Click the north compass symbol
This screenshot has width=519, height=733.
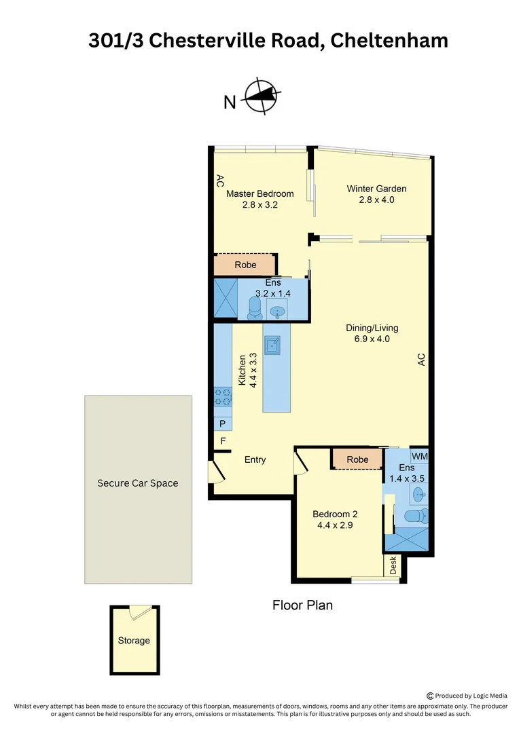(261, 98)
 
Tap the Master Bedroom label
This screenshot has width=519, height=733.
(259, 193)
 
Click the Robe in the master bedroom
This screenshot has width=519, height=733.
(245, 265)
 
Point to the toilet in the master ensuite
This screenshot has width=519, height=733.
(255, 309)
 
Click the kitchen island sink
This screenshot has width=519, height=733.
(273, 345)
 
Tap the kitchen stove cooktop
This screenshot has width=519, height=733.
(223, 396)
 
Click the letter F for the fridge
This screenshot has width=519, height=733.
(222, 441)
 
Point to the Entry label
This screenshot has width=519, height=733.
(255, 459)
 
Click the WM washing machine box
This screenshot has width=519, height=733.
(419, 456)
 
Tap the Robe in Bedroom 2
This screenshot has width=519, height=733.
(357, 459)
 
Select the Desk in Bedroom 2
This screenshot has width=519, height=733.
(393, 566)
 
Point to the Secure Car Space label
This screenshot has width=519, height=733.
(138, 483)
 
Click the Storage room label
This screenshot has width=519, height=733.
(134, 640)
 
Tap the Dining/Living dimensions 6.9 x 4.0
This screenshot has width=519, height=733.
(368, 339)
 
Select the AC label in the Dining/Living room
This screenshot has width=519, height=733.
(420, 360)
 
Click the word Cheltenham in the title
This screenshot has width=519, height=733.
(390, 41)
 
